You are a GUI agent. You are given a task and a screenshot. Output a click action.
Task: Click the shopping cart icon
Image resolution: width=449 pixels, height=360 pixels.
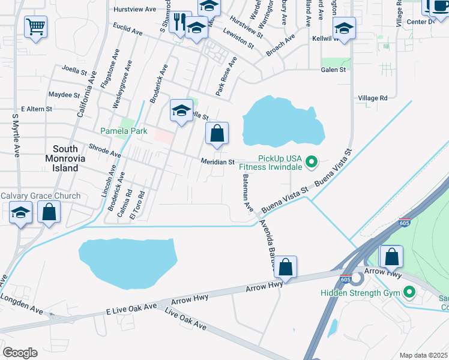point(36,26)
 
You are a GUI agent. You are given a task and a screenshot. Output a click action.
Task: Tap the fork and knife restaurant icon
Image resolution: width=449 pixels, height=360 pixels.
point(179,23)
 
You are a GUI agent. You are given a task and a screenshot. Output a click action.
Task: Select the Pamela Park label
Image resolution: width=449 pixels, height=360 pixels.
point(115,130)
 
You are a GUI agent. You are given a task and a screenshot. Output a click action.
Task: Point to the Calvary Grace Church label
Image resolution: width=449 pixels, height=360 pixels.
point(40,196)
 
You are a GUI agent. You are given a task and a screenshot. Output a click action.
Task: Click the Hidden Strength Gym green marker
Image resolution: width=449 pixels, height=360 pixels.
point(410,293)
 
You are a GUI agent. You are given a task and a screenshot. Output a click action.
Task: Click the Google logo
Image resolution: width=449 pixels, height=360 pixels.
point(20,353)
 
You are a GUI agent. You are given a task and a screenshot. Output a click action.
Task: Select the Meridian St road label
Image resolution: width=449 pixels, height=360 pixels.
point(217,162)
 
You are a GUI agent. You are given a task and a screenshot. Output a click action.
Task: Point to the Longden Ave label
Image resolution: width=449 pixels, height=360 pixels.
point(22,304)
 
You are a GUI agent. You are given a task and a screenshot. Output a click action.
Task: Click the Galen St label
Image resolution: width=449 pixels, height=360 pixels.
point(334,70)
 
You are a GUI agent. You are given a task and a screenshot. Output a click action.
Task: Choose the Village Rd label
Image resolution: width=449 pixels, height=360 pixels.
point(373,98)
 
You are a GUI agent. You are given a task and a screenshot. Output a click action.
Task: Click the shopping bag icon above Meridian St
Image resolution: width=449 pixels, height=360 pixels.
point(217,134)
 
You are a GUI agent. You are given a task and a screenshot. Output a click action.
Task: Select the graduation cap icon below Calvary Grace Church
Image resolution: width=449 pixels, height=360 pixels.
point(21,213)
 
